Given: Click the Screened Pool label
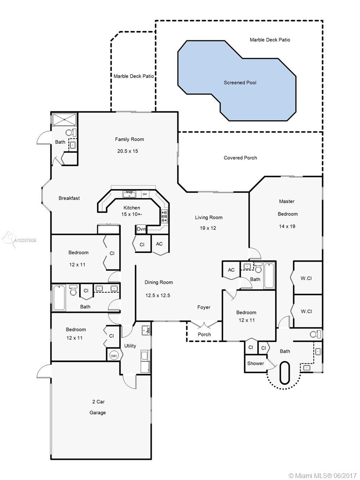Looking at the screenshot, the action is coord(240,83).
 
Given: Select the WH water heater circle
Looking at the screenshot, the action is coord(114,356).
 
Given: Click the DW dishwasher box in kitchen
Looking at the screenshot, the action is coord(145,194).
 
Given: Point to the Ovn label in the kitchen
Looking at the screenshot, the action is coord(141,229).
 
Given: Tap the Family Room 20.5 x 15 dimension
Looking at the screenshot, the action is coord(128,151).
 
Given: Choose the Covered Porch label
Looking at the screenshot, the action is coord(240,158).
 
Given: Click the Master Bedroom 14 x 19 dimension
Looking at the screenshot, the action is coord(287,226).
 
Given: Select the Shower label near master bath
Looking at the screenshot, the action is coord(256,364).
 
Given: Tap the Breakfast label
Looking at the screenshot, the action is coord(69,198).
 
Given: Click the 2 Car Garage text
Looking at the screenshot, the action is coord(98,407).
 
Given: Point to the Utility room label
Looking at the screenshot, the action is coord(130,346).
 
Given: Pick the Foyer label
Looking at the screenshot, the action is coord(204,307).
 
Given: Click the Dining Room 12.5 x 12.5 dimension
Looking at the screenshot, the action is coord(158,296).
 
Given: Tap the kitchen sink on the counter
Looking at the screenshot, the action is coord(129,194).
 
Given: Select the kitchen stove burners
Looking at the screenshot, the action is coord(164,216).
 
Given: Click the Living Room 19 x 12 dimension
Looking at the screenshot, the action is coord(208,228).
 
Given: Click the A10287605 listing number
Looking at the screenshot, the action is coord(25,240).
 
